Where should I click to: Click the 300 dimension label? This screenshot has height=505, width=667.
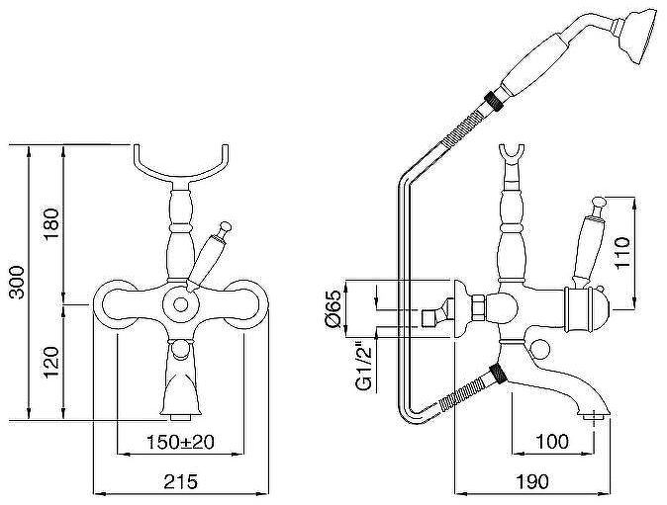click(x=17, y=282)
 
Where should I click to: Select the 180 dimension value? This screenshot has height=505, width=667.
click(x=51, y=224)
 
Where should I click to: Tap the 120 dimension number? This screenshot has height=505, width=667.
click(x=51, y=363)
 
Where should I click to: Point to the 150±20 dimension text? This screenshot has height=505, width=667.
click(x=180, y=442)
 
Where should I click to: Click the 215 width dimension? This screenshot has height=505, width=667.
click(x=181, y=481)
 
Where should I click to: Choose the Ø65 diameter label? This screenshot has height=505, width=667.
click(x=333, y=308)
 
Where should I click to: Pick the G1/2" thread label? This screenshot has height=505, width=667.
click(x=364, y=368)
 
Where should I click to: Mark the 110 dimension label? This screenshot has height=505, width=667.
click(x=621, y=252)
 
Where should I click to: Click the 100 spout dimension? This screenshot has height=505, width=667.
click(x=552, y=442)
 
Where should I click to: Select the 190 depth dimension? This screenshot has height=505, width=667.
click(x=532, y=481)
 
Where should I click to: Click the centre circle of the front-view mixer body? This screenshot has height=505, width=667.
click(x=181, y=304)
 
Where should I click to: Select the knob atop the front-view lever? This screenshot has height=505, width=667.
click(x=225, y=226)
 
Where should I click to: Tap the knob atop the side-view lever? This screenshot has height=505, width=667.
click(x=600, y=203)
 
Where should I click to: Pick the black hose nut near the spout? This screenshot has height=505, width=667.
click(x=498, y=375)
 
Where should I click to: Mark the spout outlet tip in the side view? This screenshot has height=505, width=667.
click(x=594, y=417)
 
